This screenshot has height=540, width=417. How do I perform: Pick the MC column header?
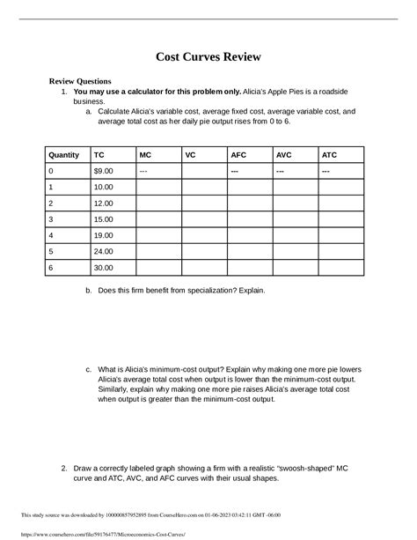point(145,154)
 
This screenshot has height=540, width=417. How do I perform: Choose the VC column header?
point(190,154)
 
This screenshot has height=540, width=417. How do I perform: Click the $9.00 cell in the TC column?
point(104,171)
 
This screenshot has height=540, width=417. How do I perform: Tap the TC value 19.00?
point(104,235)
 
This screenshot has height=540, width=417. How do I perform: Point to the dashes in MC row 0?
point(143,171)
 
